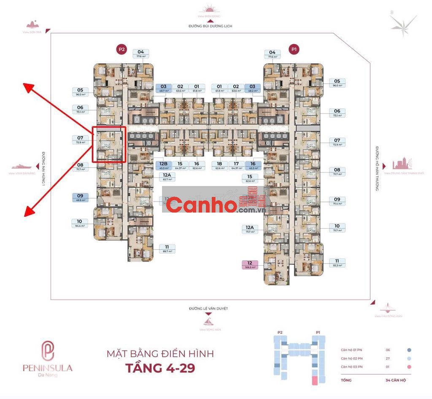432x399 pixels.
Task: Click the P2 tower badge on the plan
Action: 121,49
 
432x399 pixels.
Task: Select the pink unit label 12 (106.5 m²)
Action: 249,264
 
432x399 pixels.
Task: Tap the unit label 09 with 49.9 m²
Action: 80,197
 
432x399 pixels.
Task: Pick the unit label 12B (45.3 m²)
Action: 164,166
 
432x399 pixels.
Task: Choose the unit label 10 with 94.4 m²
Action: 79,223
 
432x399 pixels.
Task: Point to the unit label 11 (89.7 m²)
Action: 167,249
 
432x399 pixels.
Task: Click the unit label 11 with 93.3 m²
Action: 337,263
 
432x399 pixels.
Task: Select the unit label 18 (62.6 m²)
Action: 219,166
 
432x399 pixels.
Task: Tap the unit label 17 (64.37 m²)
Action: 236,166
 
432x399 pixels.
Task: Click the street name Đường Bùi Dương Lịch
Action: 210,26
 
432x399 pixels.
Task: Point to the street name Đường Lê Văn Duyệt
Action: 208,309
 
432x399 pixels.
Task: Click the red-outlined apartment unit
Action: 109,144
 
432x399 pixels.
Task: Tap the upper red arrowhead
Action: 28,88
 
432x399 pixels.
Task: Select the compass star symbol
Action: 404,26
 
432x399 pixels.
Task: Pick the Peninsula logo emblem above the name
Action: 47,350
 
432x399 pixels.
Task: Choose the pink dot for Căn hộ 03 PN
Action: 409,367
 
